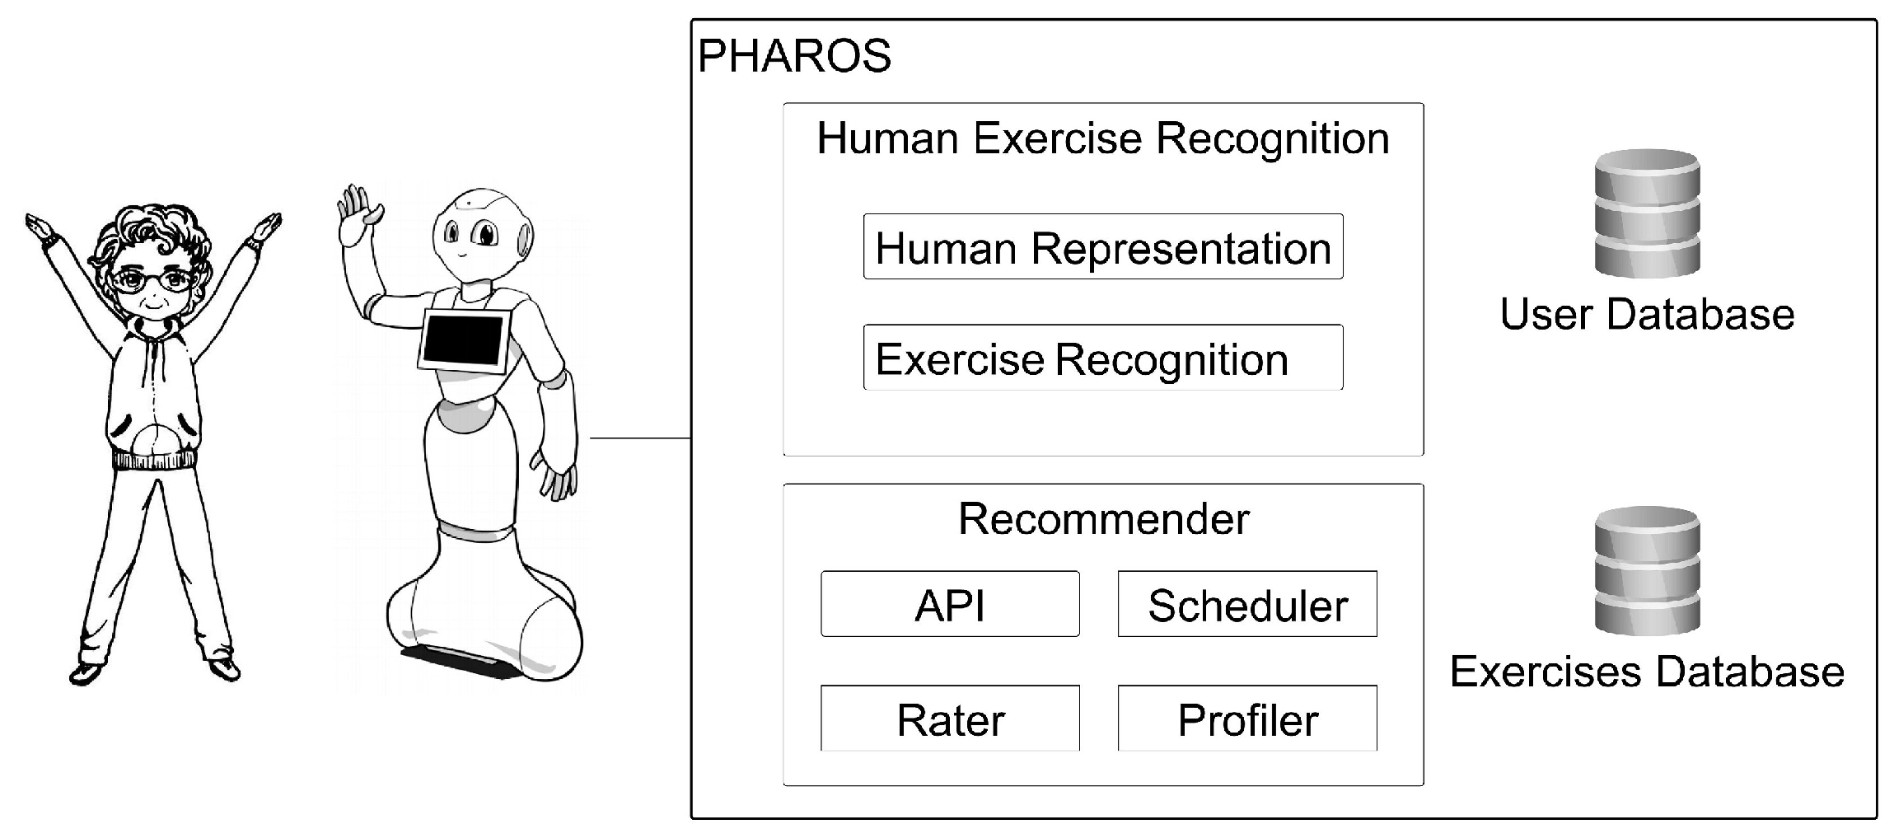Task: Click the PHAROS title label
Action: [794, 57]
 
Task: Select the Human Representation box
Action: [1102, 247]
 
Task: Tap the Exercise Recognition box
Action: [1102, 358]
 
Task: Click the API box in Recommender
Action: [950, 604]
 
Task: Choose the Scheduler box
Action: [1246, 604]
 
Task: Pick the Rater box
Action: [950, 719]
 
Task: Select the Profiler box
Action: [1246, 719]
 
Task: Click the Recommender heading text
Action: [1103, 519]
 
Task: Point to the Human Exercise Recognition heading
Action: [1102, 138]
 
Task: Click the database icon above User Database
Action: [1647, 213]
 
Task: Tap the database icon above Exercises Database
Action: [1647, 570]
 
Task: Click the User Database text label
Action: [1647, 314]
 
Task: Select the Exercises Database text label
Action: [1647, 672]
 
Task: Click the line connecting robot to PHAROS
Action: [640, 438]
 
